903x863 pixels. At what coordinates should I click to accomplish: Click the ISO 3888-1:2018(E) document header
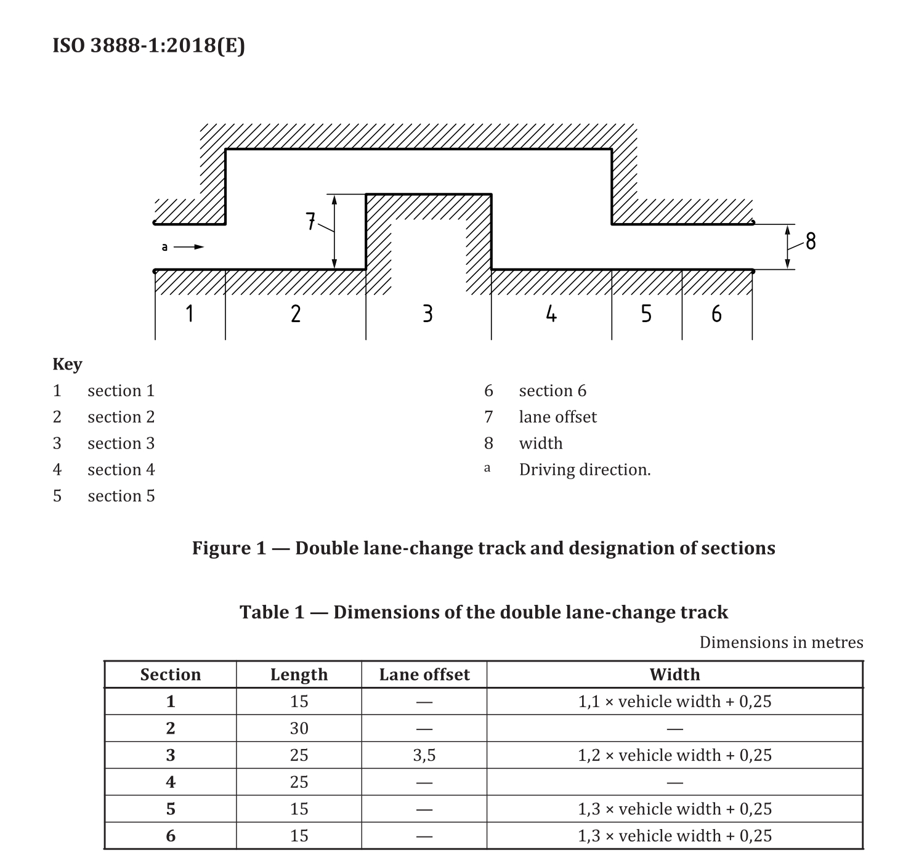(148, 46)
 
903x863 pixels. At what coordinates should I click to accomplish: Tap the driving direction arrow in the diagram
(189, 247)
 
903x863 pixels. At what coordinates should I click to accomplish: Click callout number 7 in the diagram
(311, 221)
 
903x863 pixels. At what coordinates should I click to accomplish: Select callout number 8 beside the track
(811, 241)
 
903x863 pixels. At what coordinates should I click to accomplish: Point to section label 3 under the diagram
(427, 314)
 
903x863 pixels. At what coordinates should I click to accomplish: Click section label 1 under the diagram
(190, 314)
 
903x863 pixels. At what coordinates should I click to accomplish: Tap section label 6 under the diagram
(716, 314)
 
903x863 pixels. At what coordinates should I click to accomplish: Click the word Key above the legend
(67, 364)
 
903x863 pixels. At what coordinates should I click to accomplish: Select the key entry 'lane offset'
(557, 417)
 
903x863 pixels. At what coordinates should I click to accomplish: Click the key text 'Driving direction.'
(585, 470)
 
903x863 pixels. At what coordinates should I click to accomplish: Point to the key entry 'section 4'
(121, 470)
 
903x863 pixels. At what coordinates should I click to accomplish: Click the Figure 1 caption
(484, 548)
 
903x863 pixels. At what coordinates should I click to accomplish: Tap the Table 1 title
(484, 612)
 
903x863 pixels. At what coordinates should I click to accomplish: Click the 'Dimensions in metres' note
(781, 642)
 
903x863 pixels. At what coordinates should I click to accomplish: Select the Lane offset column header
(424, 675)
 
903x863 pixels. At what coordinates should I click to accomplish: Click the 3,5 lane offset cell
(424, 755)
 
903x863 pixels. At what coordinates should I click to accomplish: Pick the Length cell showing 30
(299, 729)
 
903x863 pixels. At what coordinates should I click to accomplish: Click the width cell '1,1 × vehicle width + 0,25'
(674, 702)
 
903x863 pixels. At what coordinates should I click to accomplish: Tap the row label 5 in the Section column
(171, 809)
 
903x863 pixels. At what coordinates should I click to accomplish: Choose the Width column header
(674, 675)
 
